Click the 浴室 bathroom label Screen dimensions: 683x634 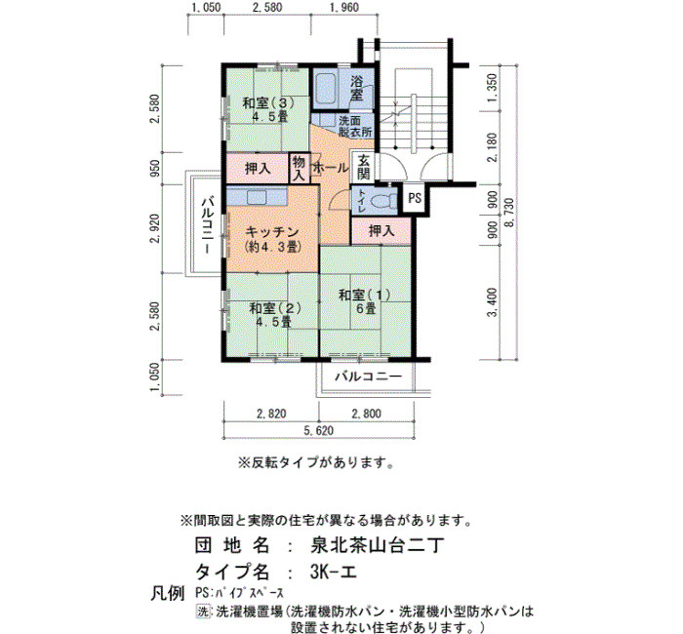pos(356,88)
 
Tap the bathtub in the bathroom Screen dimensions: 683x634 pos(325,89)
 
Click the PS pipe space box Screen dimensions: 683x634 pos(415,199)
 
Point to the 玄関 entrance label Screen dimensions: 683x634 pos(364,167)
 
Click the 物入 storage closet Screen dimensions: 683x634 pos(300,169)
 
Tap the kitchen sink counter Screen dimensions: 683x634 pos(257,197)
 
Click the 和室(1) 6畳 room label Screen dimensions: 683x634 pos(366,301)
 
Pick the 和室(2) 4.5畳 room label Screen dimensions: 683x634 pos(275,315)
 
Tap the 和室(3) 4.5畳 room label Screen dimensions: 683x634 pos(268,109)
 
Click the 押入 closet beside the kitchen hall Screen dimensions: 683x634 pos(382,231)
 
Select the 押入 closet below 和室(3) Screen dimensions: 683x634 pos(259,169)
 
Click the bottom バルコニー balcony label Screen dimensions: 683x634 pos(368,376)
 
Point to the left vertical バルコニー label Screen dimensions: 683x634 pos(207,225)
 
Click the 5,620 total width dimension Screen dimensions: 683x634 pos(319,431)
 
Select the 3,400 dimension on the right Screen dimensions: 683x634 pos(492,302)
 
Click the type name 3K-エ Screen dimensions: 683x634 pos(334,572)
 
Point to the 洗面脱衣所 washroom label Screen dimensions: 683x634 pos(355,126)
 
